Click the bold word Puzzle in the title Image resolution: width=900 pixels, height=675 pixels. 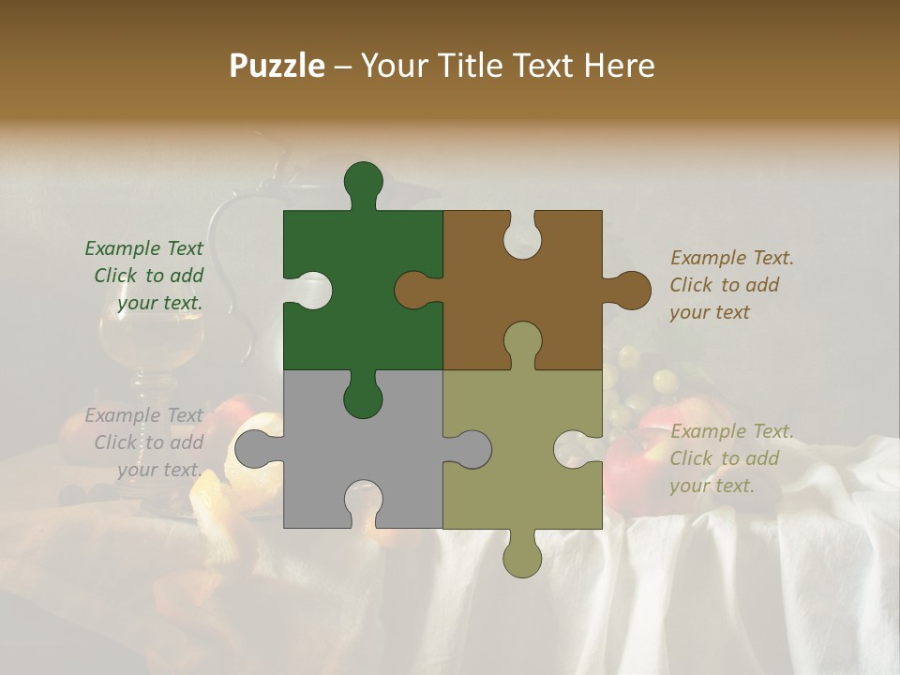pyautogui.click(x=277, y=66)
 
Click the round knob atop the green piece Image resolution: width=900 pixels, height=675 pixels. pyautogui.click(x=363, y=181)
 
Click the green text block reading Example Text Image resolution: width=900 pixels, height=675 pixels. pyautogui.click(x=146, y=276)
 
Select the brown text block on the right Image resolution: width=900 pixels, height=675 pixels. pyautogui.click(x=731, y=285)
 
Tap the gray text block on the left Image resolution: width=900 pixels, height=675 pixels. pyautogui.click(x=146, y=442)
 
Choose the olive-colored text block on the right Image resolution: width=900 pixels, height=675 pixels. pyautogui.click(x=731, y=458)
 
